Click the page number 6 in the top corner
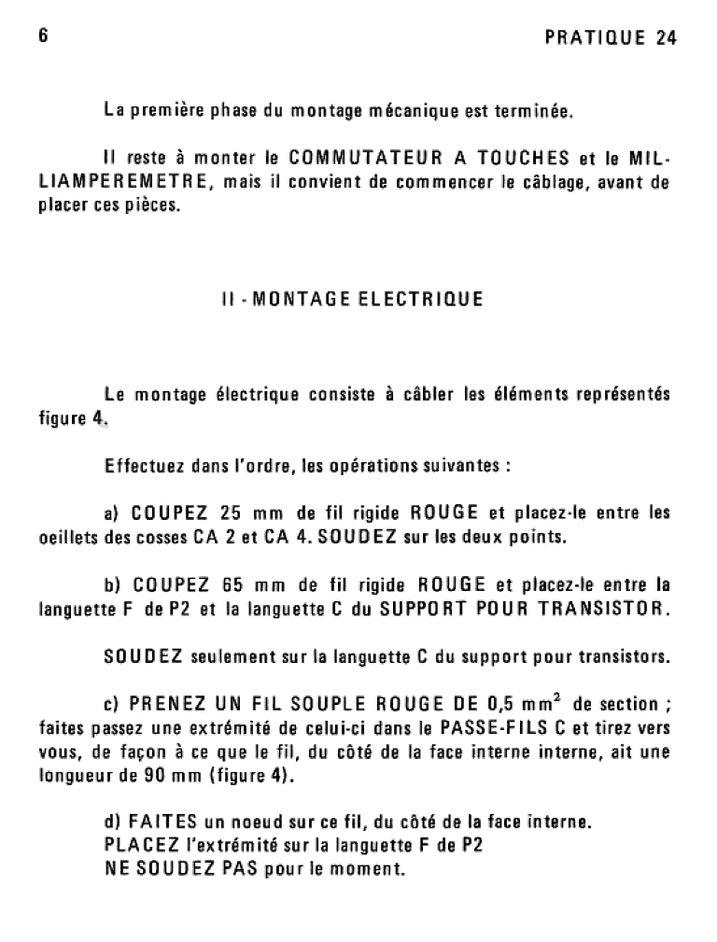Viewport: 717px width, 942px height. coord(43,36)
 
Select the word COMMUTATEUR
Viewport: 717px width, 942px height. coord(358,157)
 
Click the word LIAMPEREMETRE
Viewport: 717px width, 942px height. coord(124,181)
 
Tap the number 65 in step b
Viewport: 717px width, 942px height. coord(232,585)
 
